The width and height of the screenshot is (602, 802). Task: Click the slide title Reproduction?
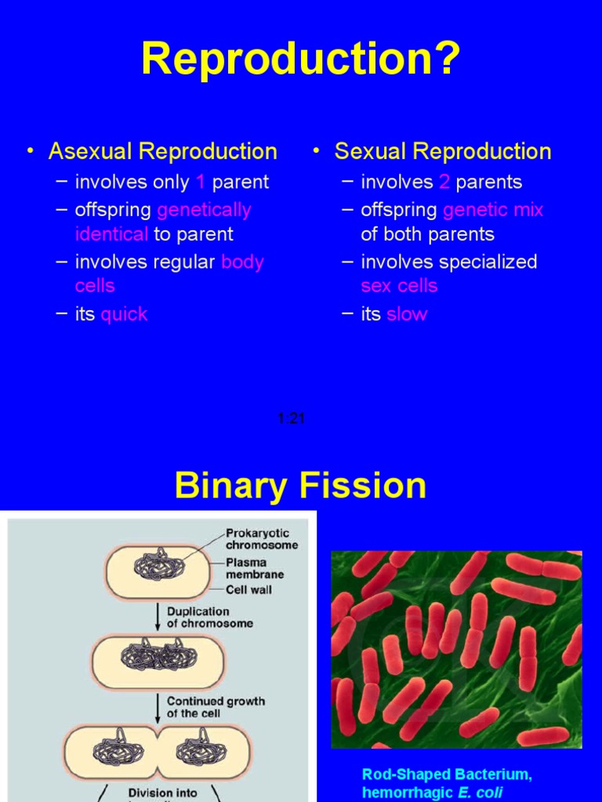coord(300,60)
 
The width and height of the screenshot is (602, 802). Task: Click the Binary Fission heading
coord(300,486)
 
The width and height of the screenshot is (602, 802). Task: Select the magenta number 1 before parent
coord(201,182)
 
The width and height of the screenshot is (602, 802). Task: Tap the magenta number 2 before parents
coord(444,182)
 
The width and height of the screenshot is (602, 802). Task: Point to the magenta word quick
coord(124,315)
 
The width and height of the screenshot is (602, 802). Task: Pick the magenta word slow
coord(407,315)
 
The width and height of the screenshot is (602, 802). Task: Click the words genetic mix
coord(493,210)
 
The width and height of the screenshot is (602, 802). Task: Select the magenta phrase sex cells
coord(399,286)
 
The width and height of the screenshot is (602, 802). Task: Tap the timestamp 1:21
coord(291,419)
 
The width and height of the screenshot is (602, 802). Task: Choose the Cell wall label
coord(248,589)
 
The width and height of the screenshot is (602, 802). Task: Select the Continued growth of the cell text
coord(216,707)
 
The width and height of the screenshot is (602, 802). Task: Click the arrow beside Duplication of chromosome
coord(159,616)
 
